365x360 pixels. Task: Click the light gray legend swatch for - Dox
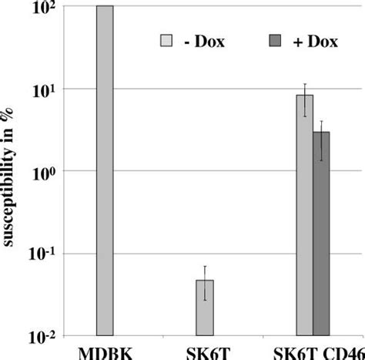pyautogui.click(x=166, y=41)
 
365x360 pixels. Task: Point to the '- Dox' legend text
pyautogui.click(x=204, y=42)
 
